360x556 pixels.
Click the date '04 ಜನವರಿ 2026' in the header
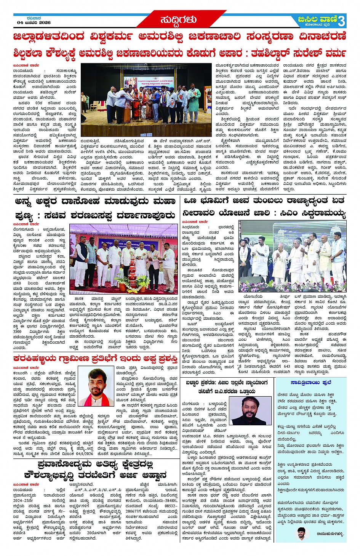click(34, 22)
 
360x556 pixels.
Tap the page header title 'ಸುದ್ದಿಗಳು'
click(178, 19)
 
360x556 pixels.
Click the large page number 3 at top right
click(341, 20)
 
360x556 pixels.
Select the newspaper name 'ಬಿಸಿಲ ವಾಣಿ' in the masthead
click(318, 19)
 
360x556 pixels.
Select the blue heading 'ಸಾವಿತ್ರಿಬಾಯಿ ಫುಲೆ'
click(310, 382)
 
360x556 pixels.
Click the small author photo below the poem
click(302, 534)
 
